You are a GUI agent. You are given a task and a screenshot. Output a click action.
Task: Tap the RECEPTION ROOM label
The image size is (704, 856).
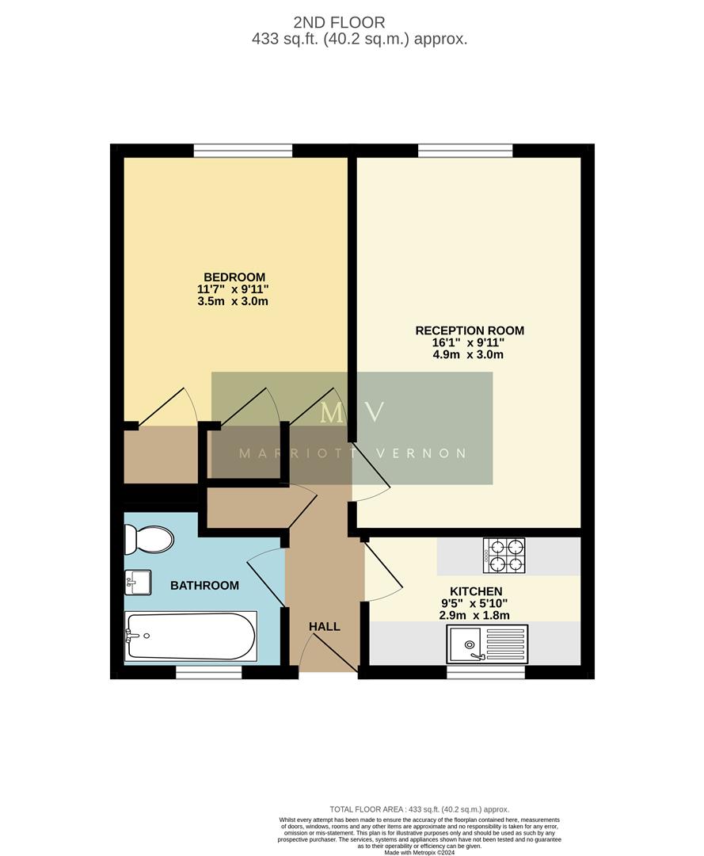point(470,331)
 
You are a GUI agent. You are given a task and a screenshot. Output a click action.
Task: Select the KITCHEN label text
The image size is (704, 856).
point(476,591)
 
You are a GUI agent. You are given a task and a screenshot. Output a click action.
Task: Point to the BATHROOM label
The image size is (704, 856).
point(204,586)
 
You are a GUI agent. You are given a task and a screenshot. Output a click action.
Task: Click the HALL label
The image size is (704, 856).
point(325,627)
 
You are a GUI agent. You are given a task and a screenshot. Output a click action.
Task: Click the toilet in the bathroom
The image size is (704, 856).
point(149,540)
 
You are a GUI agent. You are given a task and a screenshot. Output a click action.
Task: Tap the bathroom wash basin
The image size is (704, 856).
point(138,582)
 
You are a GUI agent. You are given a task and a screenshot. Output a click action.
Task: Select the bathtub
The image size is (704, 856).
point(190,636)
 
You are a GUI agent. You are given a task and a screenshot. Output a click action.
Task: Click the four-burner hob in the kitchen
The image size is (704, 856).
point(504,556)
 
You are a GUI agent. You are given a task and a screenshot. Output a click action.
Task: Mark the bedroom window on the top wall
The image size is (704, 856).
point(243,151)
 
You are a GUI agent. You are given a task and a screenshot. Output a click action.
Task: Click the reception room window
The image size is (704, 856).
point(465,151)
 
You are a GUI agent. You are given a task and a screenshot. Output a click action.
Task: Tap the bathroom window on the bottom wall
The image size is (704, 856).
point(208,672)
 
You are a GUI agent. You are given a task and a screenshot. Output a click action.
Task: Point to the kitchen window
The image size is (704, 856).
point(485,672)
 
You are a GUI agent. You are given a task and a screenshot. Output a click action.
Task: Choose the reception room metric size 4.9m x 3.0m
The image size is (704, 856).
point(470,354)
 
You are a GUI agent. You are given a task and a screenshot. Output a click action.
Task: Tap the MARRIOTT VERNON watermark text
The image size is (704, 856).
point(352,453)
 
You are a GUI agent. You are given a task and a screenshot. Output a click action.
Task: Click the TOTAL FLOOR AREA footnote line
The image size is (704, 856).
point(419,809)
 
